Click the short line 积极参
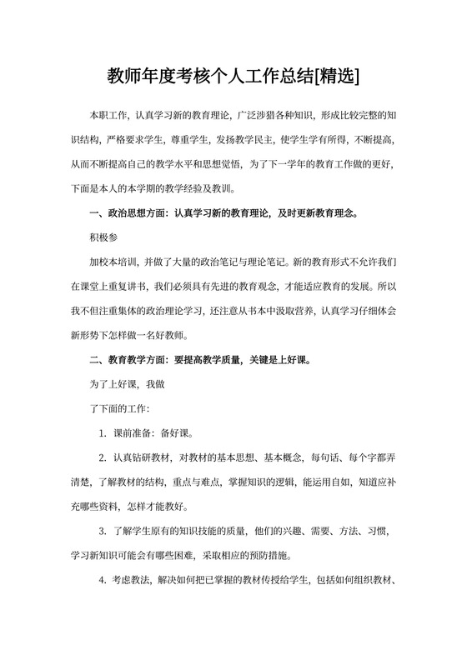coord(104,237)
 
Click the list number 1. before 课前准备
coord(103,433)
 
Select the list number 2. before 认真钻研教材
coord(103,457)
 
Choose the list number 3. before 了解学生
coord(103,531)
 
